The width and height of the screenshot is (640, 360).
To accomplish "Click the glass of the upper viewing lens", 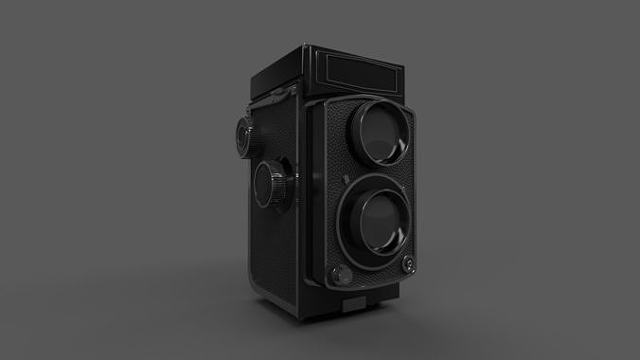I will (382, 138).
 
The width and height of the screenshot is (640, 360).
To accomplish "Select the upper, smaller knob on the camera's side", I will (242, 138).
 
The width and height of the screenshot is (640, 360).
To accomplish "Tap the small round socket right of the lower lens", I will (410, 262).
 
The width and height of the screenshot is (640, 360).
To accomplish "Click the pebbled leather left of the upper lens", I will (335, 133).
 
